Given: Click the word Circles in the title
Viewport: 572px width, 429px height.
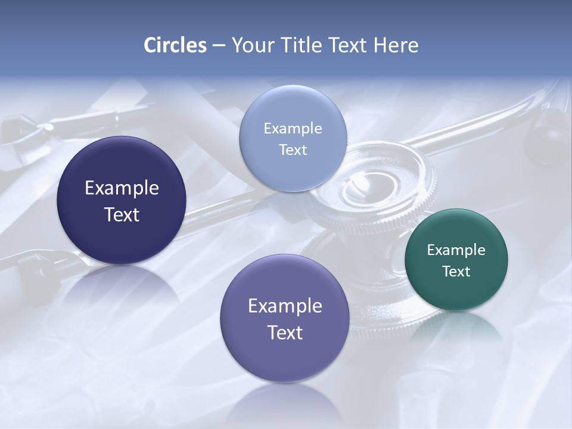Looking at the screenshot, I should (175, 45).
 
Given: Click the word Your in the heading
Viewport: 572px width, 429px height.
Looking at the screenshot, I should (251, 45).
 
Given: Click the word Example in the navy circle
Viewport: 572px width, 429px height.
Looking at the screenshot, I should (122, 188).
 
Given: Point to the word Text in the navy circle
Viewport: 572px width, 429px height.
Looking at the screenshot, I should (122, 214).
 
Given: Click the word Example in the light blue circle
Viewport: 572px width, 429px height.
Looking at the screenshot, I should (293, 128).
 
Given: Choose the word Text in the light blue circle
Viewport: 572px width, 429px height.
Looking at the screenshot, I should (293, 150).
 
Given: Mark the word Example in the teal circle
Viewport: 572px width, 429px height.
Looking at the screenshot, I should (456, 250).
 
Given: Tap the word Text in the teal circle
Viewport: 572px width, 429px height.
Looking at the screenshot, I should (456, 271).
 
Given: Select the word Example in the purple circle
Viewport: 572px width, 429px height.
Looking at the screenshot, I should (285, 306).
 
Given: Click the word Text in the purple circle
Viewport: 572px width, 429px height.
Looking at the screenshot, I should (285, 332).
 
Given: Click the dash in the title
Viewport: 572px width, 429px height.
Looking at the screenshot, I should (219, 45).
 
